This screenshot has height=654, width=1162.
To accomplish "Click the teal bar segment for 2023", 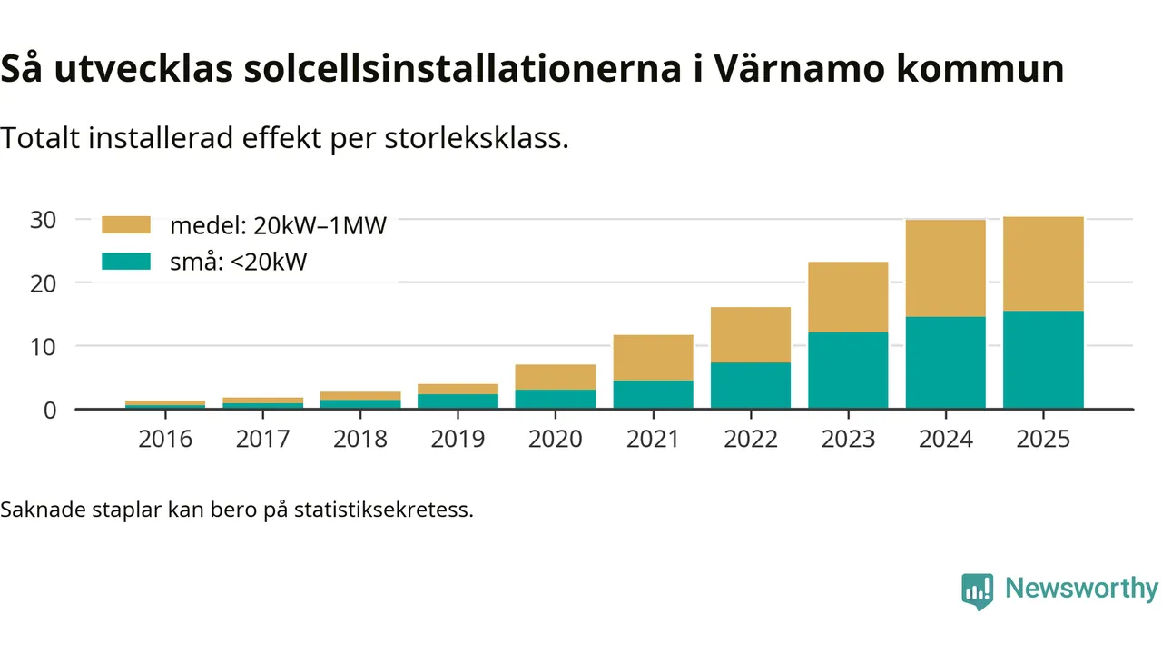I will pos(848,371).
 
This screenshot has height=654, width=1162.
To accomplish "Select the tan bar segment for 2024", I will pos(945,268).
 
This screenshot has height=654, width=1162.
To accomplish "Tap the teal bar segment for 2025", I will pos(1043,360).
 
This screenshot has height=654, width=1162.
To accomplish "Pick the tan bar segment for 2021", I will pos(653,358).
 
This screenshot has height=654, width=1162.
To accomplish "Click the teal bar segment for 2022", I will pos(751,386).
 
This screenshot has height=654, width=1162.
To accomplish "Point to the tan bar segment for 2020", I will pos(556,377).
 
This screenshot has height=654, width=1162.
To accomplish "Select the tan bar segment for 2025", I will pos(1043,263).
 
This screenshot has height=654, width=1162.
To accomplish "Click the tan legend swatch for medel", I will pos(126,225).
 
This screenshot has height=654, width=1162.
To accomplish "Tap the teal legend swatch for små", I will pos(126,262).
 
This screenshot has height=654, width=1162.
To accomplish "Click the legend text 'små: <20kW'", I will pos(239,263).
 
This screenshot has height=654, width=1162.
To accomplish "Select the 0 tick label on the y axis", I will pos(49,410).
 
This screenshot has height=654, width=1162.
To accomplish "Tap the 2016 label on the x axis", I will pos(165,440).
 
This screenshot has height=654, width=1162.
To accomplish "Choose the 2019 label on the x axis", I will pos(458,440).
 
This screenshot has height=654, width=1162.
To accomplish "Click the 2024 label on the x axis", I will pos(945,440).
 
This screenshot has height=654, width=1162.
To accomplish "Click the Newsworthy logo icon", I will pos(977,590).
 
